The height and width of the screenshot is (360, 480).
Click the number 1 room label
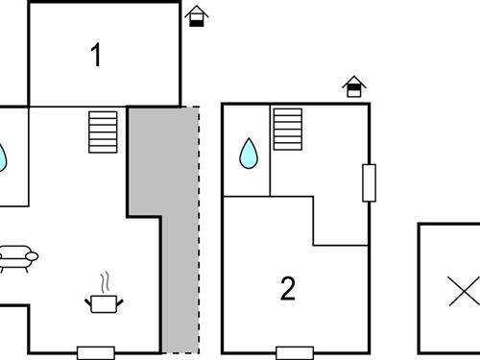coord(96,55)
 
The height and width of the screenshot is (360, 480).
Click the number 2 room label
coord(288,288)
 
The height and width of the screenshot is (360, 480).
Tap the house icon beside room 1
coord(196,16)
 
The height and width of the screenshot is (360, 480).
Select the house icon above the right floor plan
coord(355,87)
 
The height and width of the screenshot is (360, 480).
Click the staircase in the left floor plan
coord(103,132)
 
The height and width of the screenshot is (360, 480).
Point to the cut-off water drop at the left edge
coord(3,156)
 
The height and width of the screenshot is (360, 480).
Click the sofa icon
coord(16,258)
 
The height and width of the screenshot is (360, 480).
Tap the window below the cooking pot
coord(96,351)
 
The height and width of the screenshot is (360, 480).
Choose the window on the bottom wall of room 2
coord(295,351)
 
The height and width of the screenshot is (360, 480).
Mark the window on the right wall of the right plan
coord(369,182)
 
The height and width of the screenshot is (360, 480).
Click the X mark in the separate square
coord(466,290)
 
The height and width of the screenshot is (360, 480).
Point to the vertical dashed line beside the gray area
coord(199,230)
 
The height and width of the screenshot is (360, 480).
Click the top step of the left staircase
coord(103,114)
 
